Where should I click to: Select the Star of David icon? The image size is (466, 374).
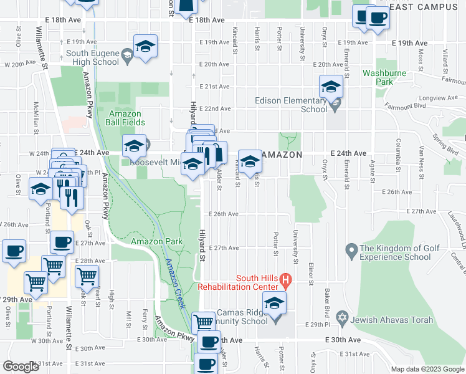click(x=341, y=319)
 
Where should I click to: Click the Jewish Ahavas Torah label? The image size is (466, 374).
click(x=389, y=320)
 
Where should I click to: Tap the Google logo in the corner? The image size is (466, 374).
click(x=21, y=367)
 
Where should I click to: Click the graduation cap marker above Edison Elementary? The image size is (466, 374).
click(x=331, y=86)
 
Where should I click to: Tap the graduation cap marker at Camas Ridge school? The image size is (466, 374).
click(x=273, y=305)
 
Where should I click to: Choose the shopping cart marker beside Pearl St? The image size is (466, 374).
click(x=87, y=275)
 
